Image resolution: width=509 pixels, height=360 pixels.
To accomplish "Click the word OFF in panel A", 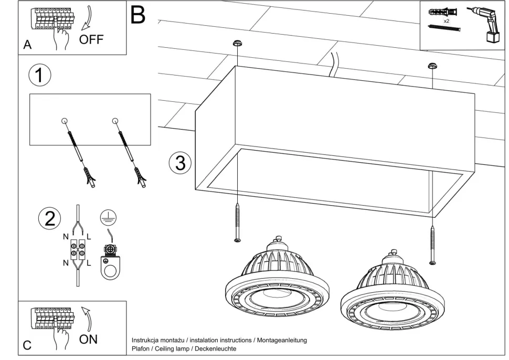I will (x=91, y=40).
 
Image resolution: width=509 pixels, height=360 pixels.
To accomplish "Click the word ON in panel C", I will (x=88, y=340).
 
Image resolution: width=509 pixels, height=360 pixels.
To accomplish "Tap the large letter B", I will (x=137, y=15).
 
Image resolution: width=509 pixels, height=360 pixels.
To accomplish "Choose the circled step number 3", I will (x=180, y=163).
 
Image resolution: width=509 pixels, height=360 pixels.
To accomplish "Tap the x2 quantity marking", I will (x=446, y=20).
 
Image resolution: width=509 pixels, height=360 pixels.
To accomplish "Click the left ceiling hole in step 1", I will (x=65, y=122).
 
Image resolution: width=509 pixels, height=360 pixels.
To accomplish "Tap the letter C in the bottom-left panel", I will (x=27, y=346).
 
